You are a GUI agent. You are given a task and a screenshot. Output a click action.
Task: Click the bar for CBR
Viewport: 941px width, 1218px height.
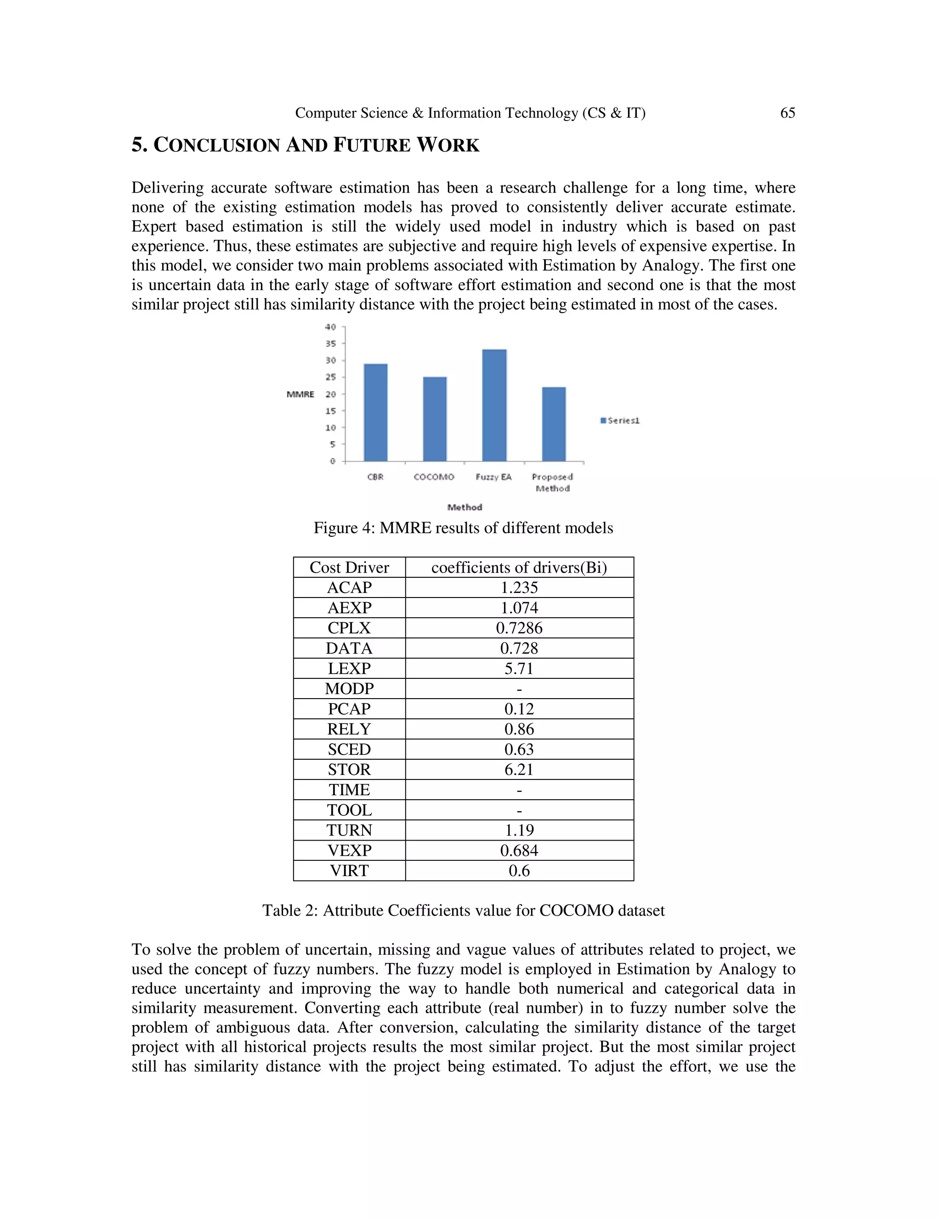[375, 413]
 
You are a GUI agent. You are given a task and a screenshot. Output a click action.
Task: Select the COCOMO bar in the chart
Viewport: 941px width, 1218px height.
[434, 419]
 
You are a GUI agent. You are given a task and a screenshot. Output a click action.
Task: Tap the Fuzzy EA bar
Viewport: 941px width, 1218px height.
[494, 405]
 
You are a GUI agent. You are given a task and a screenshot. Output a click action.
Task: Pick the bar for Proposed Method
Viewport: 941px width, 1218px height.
[554, 424]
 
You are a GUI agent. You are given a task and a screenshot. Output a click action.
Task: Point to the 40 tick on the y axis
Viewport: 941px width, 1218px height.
[330, 327]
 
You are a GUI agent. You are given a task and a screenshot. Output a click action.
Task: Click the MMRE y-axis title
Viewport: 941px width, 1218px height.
[300, 394]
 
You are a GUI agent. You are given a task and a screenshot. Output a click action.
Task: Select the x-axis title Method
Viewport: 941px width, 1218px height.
[465, 507]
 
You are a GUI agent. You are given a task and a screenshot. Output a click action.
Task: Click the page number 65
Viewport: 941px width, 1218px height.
[787, 113]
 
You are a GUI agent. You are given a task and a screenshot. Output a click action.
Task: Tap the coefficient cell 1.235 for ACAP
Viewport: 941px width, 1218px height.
[519, 588]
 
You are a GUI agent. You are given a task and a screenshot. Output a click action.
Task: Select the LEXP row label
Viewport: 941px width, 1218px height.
[349, 669]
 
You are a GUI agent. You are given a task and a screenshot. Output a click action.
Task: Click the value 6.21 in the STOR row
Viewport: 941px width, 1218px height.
[519, 769]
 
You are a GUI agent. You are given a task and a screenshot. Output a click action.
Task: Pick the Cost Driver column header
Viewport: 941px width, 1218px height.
[349, 568]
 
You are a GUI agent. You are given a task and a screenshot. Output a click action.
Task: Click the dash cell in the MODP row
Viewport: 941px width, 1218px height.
[519, 689]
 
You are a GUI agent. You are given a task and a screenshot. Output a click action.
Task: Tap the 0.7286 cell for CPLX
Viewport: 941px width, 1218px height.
[519, 628]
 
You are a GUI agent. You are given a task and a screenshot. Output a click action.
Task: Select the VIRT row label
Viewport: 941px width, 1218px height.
[349, 871]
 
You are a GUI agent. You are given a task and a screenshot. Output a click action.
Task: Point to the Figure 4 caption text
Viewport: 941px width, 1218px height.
[463, 528]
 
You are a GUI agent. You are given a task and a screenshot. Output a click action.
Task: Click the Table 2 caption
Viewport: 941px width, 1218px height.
[463, 911]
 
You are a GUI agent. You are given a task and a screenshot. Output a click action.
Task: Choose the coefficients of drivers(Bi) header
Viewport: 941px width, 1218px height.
[519, 568]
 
